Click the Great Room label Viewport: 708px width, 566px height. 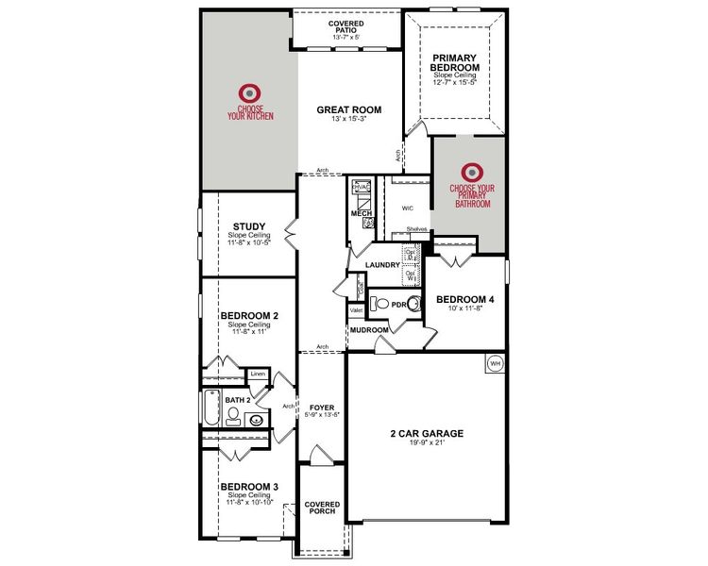[x=347, y=109]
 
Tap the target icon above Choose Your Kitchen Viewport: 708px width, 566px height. [x=249, y=92]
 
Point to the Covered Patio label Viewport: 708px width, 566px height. [x=346, y=26]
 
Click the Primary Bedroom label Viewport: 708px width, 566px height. [x=453, y=63]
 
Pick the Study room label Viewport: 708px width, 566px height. [x=248, y=226]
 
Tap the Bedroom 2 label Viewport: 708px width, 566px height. [x=248, y=315]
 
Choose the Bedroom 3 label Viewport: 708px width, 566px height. [x=248, y=487]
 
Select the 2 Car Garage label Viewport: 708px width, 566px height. [x=427, y=434]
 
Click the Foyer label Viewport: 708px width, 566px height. [x=322, y=408]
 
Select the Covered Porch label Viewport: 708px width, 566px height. [x=322, y=508]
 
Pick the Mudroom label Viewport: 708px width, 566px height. [x=369, y=330]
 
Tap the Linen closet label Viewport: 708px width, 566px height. [x=258, y=375]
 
